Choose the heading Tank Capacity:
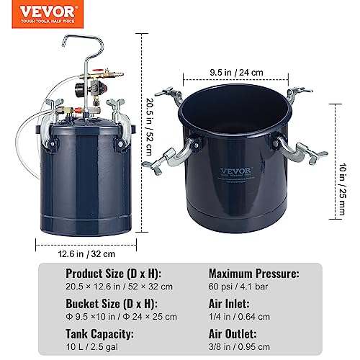[101, 335]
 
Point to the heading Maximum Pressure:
[254, 274]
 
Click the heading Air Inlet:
[229, 305]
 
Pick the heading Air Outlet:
[233, 335]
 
